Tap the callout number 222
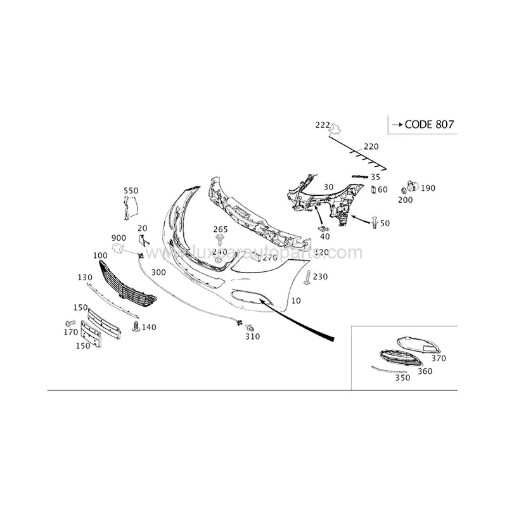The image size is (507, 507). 323,125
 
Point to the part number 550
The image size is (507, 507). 131,191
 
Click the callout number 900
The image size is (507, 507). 119,236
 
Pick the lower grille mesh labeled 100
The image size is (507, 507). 127,286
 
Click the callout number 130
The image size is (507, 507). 85,278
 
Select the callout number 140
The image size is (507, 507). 149,327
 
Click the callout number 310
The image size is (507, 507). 253,337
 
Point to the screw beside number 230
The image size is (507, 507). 307,277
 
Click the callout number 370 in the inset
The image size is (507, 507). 439,358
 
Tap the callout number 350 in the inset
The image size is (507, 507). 402,377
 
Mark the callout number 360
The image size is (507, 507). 425,371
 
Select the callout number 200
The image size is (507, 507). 405,200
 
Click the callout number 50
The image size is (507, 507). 384,223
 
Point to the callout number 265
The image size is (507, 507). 220,229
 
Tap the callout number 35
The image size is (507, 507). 376,177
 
